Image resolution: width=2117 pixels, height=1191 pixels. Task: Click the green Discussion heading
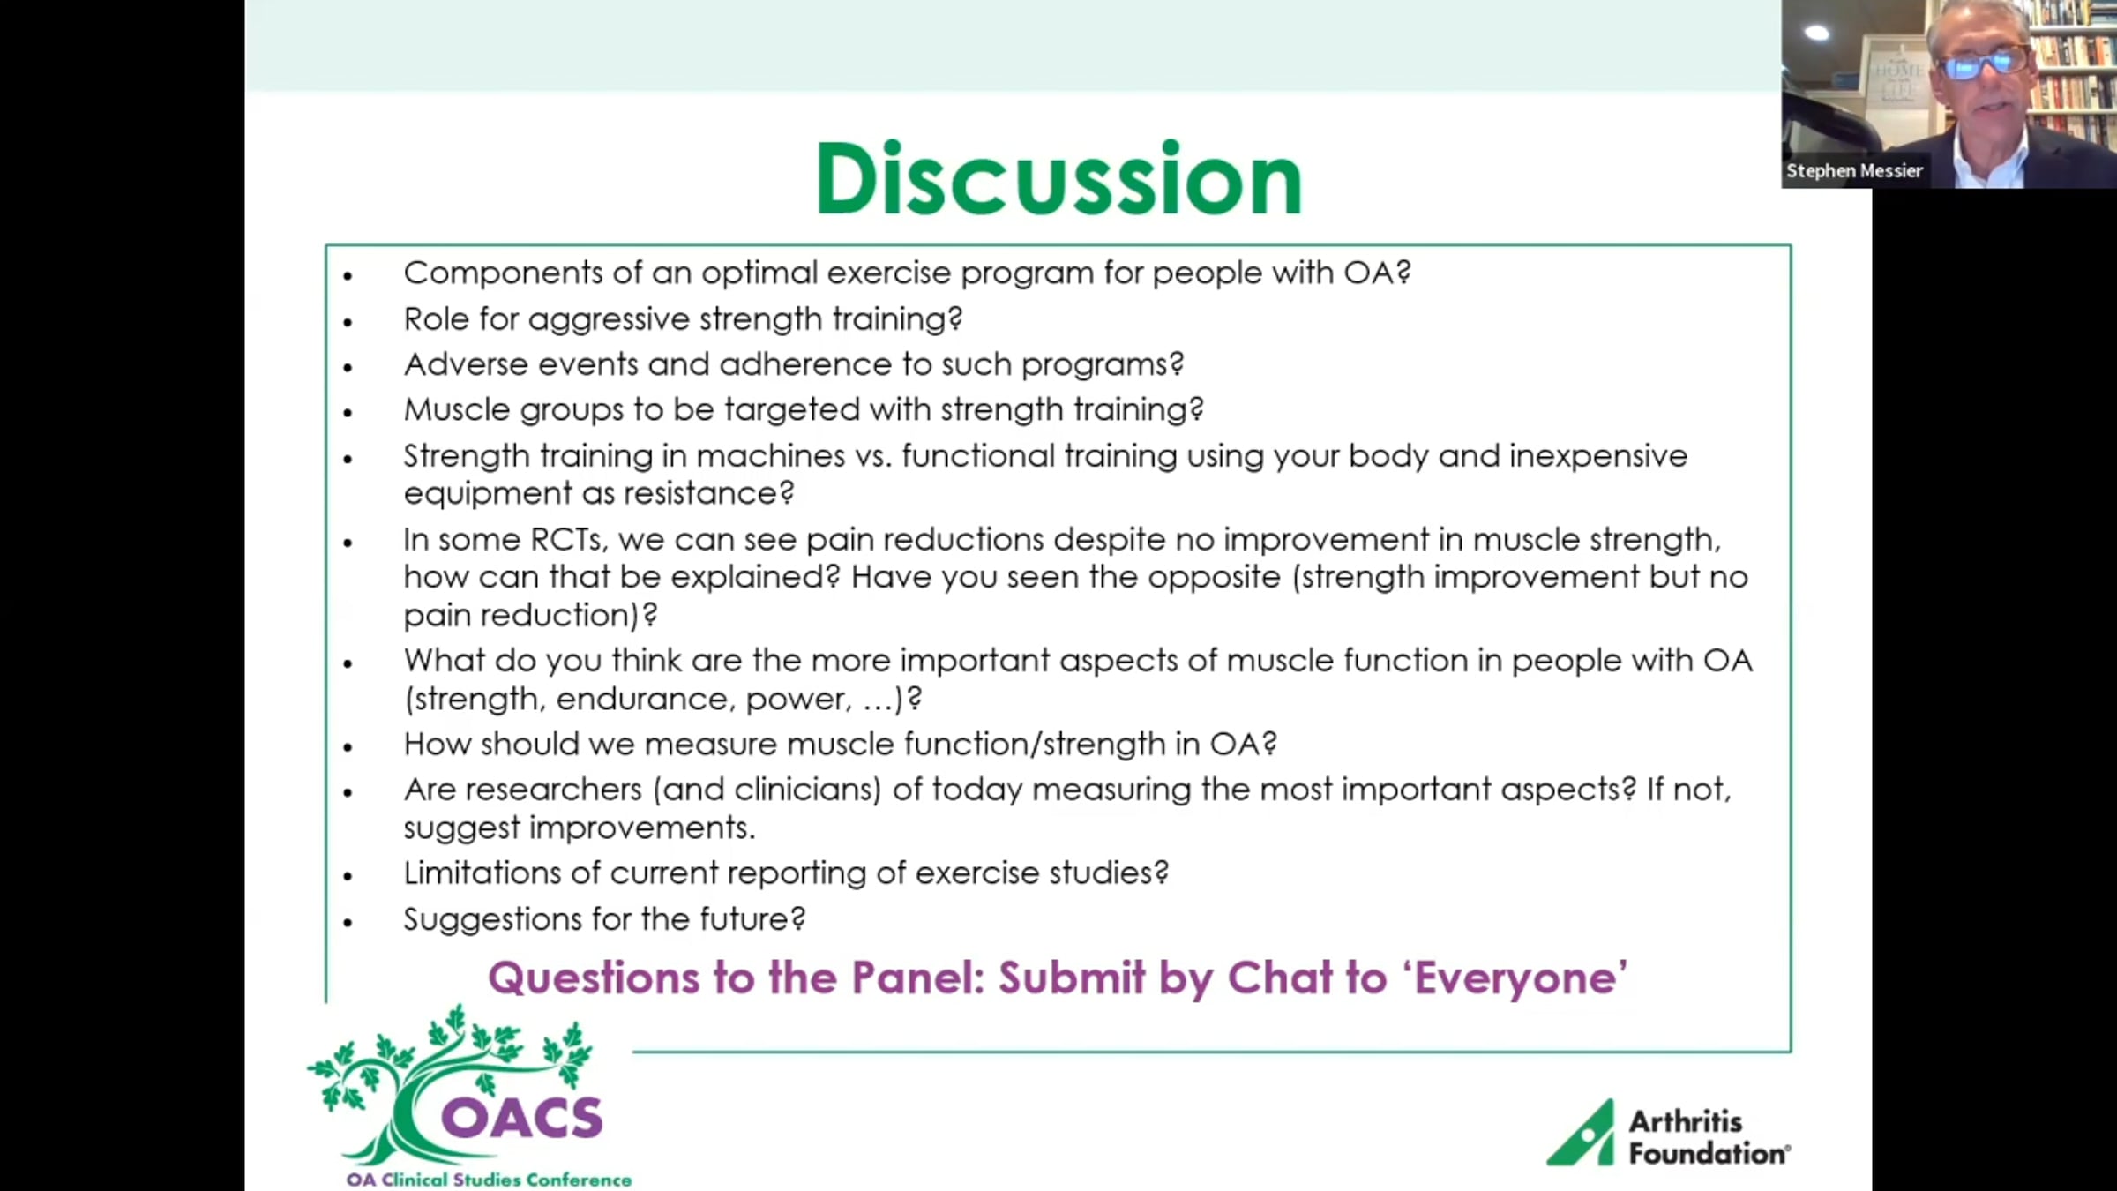(1058, 179)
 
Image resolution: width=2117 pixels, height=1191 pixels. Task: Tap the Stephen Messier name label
(1854, 171)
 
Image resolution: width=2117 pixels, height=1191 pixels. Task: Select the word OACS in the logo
(522, 1118)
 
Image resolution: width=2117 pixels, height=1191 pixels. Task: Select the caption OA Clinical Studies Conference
(490, 1180)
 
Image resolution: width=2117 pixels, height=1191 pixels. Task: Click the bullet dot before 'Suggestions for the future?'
(348, 923)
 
